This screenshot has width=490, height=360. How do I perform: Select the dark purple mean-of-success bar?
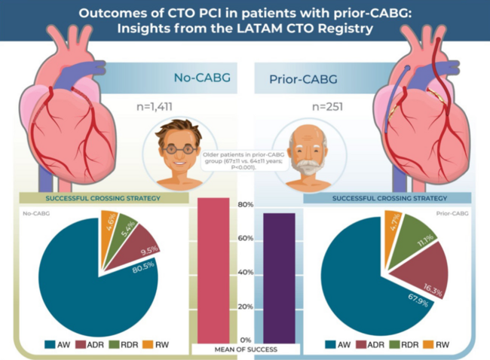278,277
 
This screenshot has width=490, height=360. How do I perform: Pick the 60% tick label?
245,239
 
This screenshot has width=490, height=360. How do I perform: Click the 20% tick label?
245,307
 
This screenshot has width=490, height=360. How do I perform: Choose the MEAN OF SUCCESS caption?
245,350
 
